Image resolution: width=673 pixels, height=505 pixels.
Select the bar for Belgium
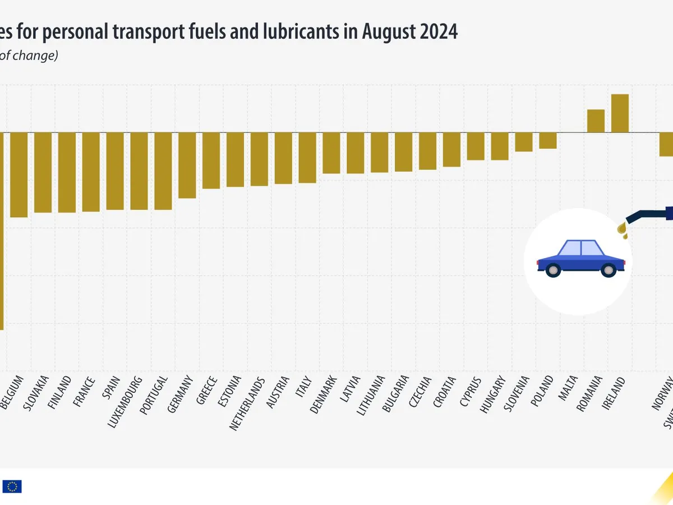click(19, 175)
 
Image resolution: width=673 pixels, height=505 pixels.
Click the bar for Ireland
click(620, 113)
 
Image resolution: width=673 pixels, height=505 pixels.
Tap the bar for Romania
click(596, 121)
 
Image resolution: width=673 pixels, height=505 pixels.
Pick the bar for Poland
click(548, 140)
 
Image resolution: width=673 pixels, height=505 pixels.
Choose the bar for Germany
click(187, 165)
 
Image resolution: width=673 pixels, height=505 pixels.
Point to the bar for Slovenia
click(524, 142)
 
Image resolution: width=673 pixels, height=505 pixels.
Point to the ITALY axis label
click(303, 387)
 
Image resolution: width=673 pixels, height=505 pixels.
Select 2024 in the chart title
click(437, 32)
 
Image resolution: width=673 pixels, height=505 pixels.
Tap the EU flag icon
click(12, 486)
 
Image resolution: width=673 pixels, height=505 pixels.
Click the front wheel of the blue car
click(608, 271)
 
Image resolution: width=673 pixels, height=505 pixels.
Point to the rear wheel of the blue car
click(554, 271)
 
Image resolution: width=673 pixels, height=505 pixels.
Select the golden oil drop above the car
click(622, 228)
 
